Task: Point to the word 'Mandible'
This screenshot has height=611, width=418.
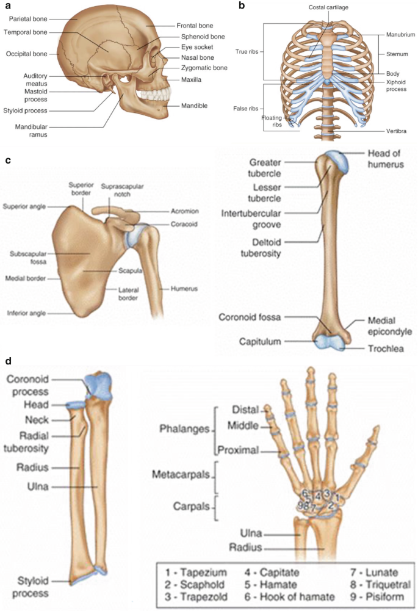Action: coord(194,106)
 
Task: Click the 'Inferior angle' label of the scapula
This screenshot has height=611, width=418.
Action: coord(26,313)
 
